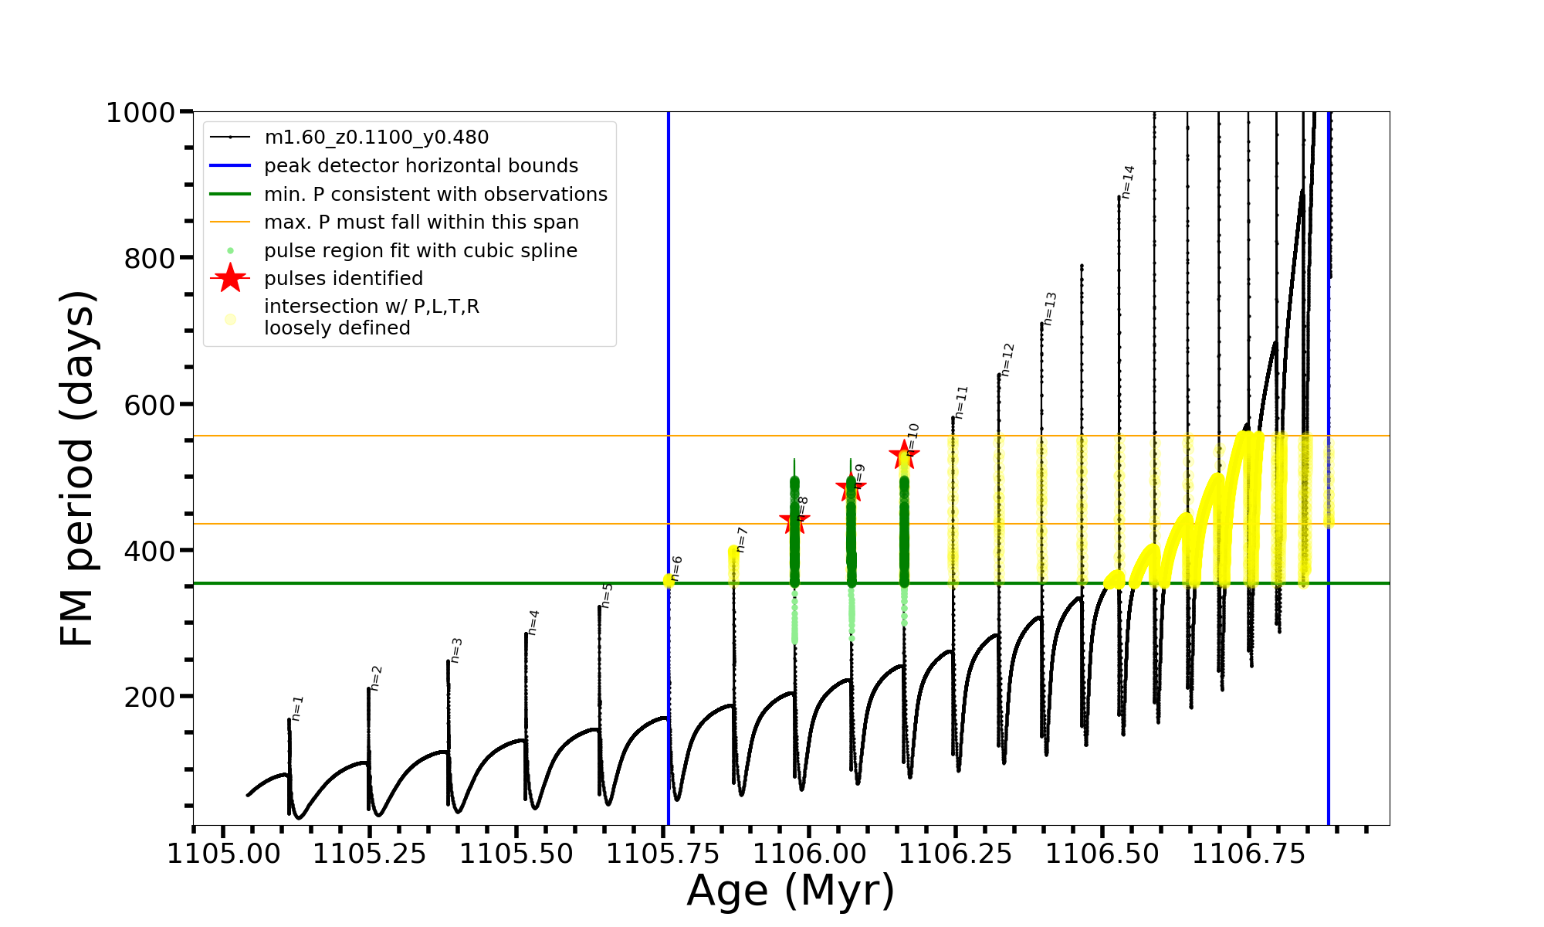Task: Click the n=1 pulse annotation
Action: coord(298,708)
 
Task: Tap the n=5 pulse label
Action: coord(608,596)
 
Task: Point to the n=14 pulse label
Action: coord(1128,182)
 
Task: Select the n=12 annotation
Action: coord(1007,360)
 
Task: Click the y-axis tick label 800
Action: coord(150,258)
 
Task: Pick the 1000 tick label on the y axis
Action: coord(141,113)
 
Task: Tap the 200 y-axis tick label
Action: coord(150,697)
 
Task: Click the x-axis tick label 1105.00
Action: coord(223,854)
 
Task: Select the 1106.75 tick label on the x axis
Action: coord(1249,854)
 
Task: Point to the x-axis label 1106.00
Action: coord(809,854)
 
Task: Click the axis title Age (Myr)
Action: coord(791,891)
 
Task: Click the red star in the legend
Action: coord(230,278)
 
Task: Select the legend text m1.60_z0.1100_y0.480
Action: coord(376,138)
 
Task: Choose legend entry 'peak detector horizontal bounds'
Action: coord(421,165)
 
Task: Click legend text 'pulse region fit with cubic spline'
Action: coord(420,250)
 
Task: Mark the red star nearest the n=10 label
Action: coord(903,454)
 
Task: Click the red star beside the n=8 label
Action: coord(794,521)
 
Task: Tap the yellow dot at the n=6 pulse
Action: coord(669,580)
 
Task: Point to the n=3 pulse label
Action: coord(456,650)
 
